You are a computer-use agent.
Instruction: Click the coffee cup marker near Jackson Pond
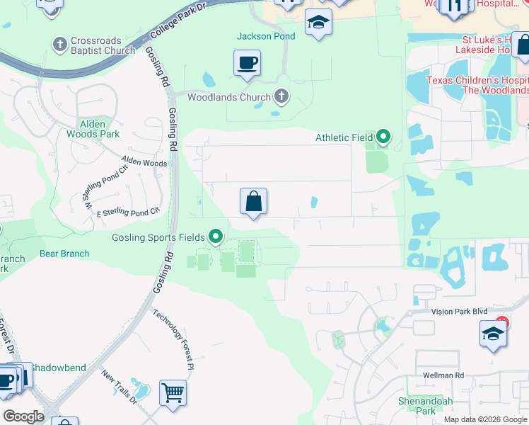(247, 63)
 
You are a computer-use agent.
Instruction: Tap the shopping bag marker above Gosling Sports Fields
(253, 201)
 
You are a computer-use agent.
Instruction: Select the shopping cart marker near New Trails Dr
(173, 392)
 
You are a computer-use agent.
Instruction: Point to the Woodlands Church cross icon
(281, 96)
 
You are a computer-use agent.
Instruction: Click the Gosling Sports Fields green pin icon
(216, 237)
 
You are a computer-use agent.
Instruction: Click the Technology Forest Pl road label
(174, 341)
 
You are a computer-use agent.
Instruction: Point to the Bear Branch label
(64, 254)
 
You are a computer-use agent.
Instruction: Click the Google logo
(24, 416)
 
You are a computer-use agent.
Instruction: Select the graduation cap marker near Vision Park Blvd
(493, 334)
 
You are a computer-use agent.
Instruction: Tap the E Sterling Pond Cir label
(128, 212)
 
